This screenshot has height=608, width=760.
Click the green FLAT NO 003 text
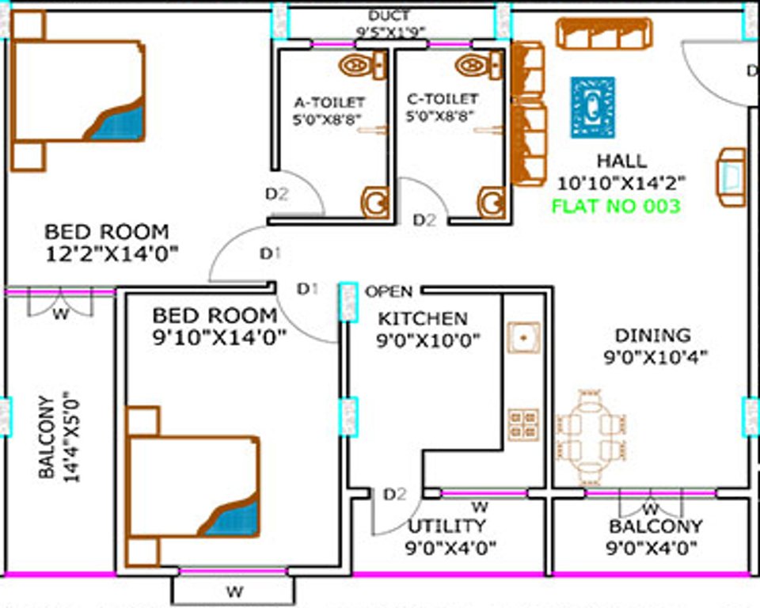(615, 207)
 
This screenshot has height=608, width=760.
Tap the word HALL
(621, 161)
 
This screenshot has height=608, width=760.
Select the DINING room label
(652, 335)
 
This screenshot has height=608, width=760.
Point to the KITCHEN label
(422, 318)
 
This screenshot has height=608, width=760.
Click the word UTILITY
(446, 526)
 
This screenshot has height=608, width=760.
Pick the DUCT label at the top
(389, 16)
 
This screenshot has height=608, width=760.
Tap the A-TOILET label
(329, 101)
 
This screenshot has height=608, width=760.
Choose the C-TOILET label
(442, 99)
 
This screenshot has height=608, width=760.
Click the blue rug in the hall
(593, 107)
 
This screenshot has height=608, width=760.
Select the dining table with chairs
(593, 437)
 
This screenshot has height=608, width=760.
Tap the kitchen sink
(523, 336)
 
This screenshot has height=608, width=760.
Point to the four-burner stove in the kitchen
(523, 424)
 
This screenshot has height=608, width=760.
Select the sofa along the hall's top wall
(604, 34)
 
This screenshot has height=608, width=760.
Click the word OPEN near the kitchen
(388, 291)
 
